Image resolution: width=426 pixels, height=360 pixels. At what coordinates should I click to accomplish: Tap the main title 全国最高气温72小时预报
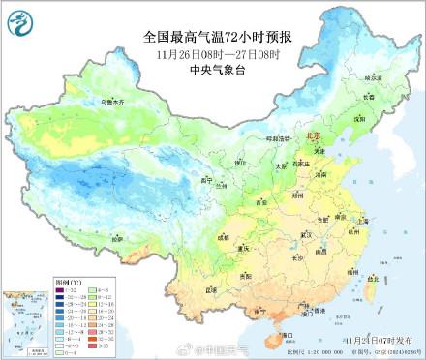click(212, 37)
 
